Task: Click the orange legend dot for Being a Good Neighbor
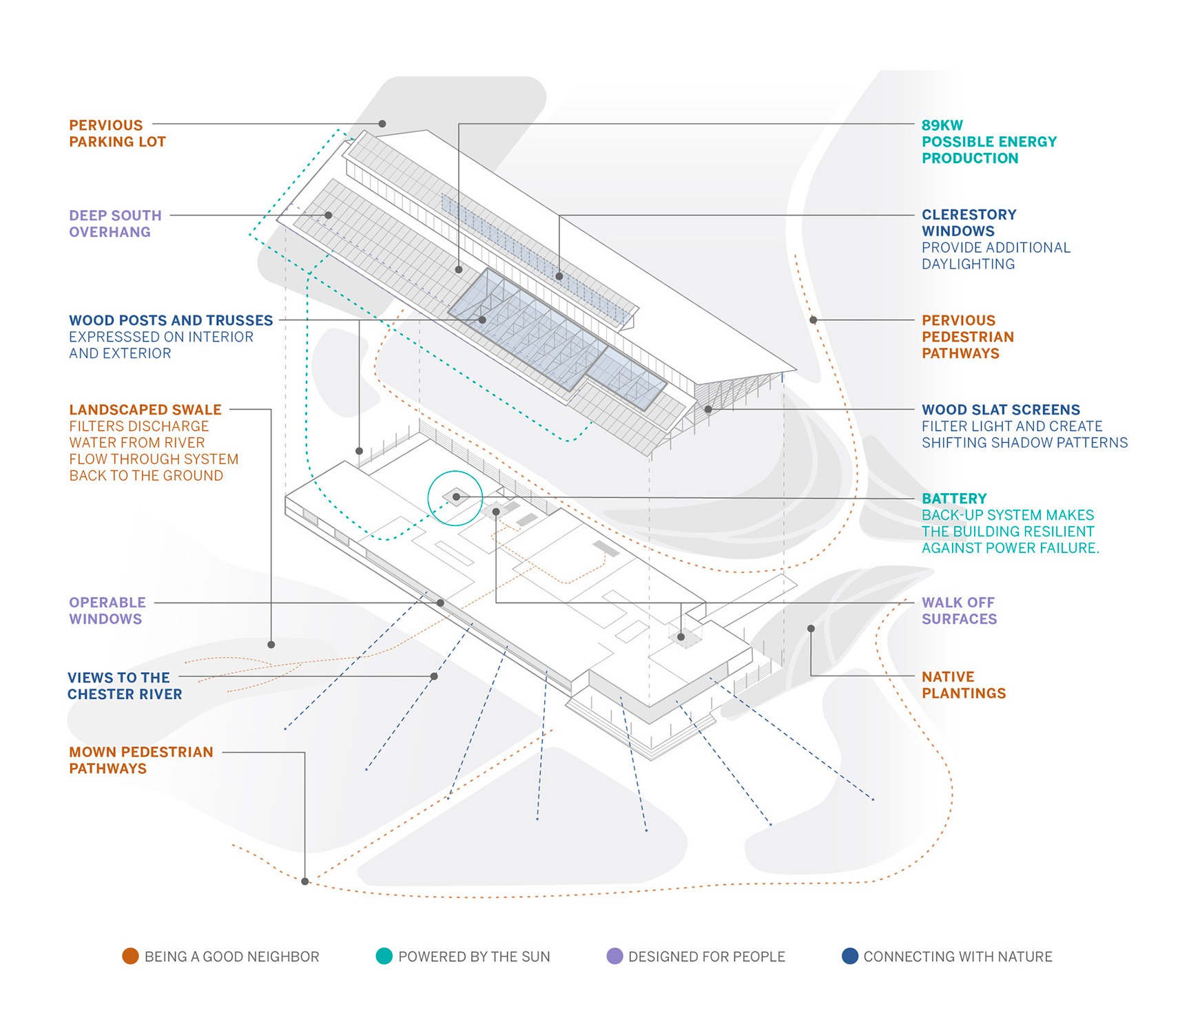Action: click(x=130, y=956)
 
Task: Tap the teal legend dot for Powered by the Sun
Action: click(x=384, y=956)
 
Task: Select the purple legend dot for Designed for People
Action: click(x=614, y=956)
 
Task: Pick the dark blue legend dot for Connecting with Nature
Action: click(x=850, y=956)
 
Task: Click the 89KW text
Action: click(x=942, y=125)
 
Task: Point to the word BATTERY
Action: click(x=954, y=499)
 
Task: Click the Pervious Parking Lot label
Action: click(x=117, y=134)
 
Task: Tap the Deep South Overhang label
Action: click(x=115, y=224)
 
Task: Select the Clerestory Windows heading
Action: click(x=969, y=223)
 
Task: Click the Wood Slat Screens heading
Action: click(x=1000, y=410)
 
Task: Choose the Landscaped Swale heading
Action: click(x=145, y=410)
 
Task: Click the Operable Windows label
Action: click(x=107, y=611)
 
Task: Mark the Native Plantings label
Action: click(x=963, y=685)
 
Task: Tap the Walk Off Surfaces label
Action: click(x=959, y=611)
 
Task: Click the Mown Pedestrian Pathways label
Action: click(x=141, y=760)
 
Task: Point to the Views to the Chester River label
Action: click(x=125, y=686)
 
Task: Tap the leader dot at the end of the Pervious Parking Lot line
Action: click(x=382, y=124)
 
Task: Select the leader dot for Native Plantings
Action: click(x=811, y=629)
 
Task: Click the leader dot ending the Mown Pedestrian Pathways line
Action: click(x=305, y=881)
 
